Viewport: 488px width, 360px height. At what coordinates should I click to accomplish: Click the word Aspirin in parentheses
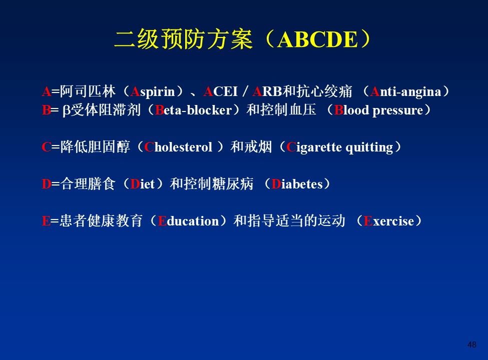(x=153, y=92)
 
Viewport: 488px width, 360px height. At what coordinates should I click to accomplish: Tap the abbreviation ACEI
(x=221, y=91)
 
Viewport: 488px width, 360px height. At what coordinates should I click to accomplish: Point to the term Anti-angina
(x=406, y=92)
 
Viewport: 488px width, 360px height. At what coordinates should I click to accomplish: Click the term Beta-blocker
(x=193, y=110)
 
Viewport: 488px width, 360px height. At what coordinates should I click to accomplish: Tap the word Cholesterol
(x=178, y=147)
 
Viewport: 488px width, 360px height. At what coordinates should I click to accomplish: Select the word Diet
(x=143, y=184)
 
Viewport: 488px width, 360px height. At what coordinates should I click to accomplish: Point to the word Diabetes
(x=297, y=184)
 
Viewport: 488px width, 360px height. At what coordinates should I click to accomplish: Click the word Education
(x=189, y=221)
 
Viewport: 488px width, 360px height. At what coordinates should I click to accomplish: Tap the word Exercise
(x=389, y=221)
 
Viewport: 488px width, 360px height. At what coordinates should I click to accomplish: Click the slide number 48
(x=472, y=344)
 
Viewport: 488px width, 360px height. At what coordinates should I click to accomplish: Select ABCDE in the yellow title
(x=317, y=40)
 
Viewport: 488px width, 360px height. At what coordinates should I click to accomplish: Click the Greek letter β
(x=66, y=110)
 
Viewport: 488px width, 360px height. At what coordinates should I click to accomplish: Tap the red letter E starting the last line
(x=46, y=221)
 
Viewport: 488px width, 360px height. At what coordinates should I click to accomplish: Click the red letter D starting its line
(x=47, y=184)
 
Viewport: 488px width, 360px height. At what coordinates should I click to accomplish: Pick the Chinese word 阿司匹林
(x=88, y=91)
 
